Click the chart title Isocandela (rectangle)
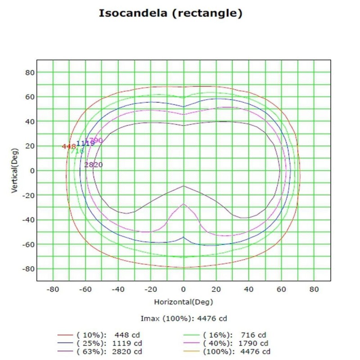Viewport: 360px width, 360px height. (x=171, y=13)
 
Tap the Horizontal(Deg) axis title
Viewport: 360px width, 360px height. (x=183, y=301)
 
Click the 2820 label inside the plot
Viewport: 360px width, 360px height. (x=94, y=165)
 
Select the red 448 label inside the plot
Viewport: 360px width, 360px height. (x=68, y=146)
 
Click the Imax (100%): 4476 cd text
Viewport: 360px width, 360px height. (x=184, y=319)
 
